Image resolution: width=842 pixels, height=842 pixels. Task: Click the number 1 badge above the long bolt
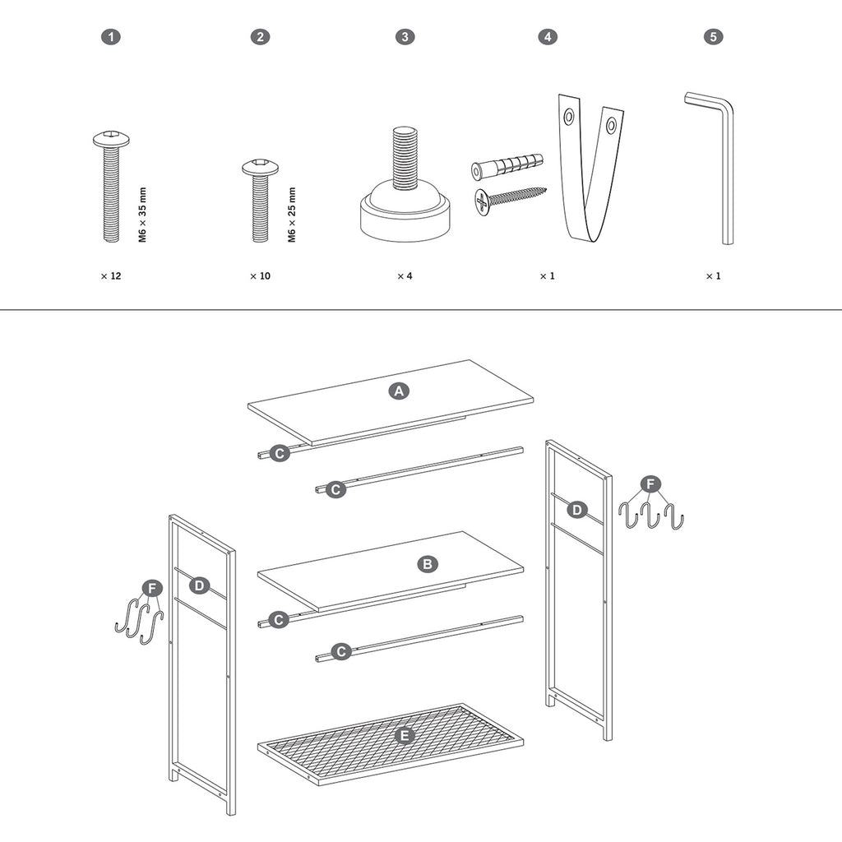[x=111, y=36]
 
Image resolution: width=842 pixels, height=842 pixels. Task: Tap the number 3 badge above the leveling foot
[x=405, y=36]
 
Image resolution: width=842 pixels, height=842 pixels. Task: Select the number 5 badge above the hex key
[x=713, y=36]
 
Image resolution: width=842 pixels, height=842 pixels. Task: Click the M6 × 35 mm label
[x=142, y=215]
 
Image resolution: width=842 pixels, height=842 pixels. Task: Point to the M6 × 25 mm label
[x=292, y=215]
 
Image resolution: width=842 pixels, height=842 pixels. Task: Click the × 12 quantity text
[x=111, y=276]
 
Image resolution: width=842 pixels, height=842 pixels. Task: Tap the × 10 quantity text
[x=261, y=276]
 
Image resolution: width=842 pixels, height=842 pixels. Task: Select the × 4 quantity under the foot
[x=405, y=276]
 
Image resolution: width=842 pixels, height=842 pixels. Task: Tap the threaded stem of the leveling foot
[x=404, y=157]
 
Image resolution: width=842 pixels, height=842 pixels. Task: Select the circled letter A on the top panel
[x=399, y=391]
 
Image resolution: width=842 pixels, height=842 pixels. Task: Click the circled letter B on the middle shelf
[x=428, y=564]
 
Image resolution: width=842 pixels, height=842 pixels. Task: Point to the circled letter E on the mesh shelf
[x=405, y=735]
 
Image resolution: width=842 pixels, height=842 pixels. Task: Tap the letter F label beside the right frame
[x=651, y=484]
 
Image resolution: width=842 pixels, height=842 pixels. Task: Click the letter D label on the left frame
[x=199, y=585]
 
